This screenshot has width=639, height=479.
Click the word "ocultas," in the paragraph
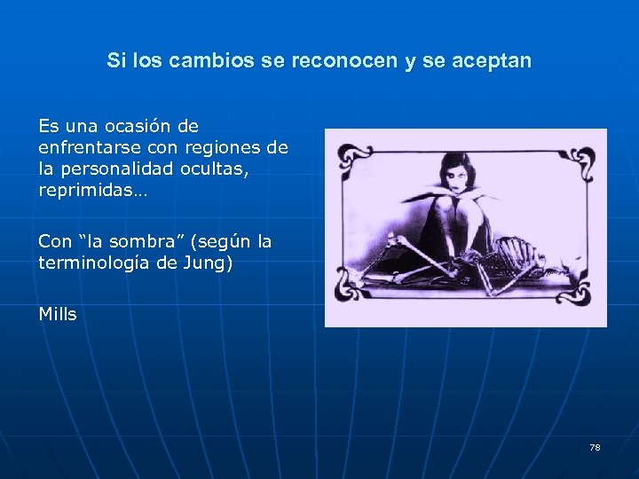213,166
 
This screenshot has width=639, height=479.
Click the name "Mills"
58,314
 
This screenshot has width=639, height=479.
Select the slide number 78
595,447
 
